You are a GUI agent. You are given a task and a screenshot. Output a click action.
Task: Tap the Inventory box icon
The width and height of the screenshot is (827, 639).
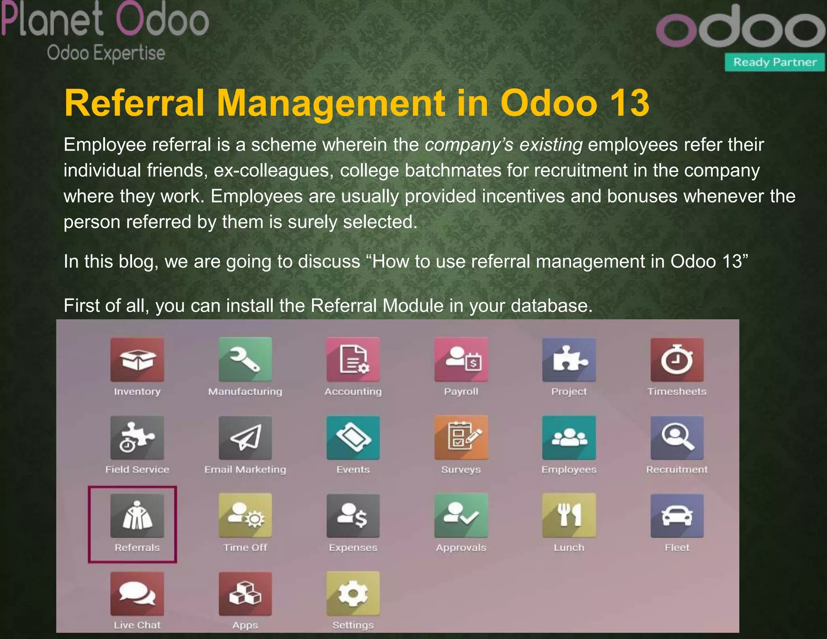(x=137, y=359)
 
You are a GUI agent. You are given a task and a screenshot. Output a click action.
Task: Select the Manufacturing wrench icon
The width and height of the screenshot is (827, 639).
(x=245, y=359)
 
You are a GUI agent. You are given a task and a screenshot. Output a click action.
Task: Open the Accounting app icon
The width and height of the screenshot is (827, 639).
(x=353, y=359)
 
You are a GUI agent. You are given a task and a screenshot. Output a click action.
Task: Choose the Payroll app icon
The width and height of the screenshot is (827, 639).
(x=461, y=359)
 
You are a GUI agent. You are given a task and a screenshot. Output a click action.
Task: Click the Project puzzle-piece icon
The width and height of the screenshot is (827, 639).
(x=569, y=359)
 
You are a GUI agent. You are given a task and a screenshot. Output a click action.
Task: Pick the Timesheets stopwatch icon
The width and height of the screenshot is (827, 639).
(x=677, y=359)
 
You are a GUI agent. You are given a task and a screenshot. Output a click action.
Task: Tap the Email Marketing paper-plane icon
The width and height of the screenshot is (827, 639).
(x=245, y=437)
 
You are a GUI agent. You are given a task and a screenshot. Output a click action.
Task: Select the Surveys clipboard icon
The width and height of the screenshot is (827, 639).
(x=461, y=437)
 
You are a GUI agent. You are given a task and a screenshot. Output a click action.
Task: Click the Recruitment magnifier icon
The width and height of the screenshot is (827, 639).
(x=677, y=437)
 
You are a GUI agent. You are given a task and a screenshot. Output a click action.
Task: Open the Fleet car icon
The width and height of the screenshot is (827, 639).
(x=677, y=515)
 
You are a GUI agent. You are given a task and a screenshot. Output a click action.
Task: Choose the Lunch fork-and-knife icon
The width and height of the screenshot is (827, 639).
(x=569, y=515)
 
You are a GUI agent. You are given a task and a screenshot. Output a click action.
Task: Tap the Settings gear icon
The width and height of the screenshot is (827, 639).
(x=353, y=593)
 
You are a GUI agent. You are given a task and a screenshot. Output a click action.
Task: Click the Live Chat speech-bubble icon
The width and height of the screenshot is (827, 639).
(x=137, y=593)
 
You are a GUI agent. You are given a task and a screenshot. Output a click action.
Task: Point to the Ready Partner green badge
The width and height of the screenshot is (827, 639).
(x=775, y=62)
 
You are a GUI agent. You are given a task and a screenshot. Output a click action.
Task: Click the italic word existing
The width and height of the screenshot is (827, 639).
(x=551, y=145)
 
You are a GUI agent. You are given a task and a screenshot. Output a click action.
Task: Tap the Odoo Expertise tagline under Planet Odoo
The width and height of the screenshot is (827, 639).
(x=106, y=53)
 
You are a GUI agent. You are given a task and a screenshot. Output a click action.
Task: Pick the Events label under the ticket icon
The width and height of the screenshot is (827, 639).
(x=353, y=469)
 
